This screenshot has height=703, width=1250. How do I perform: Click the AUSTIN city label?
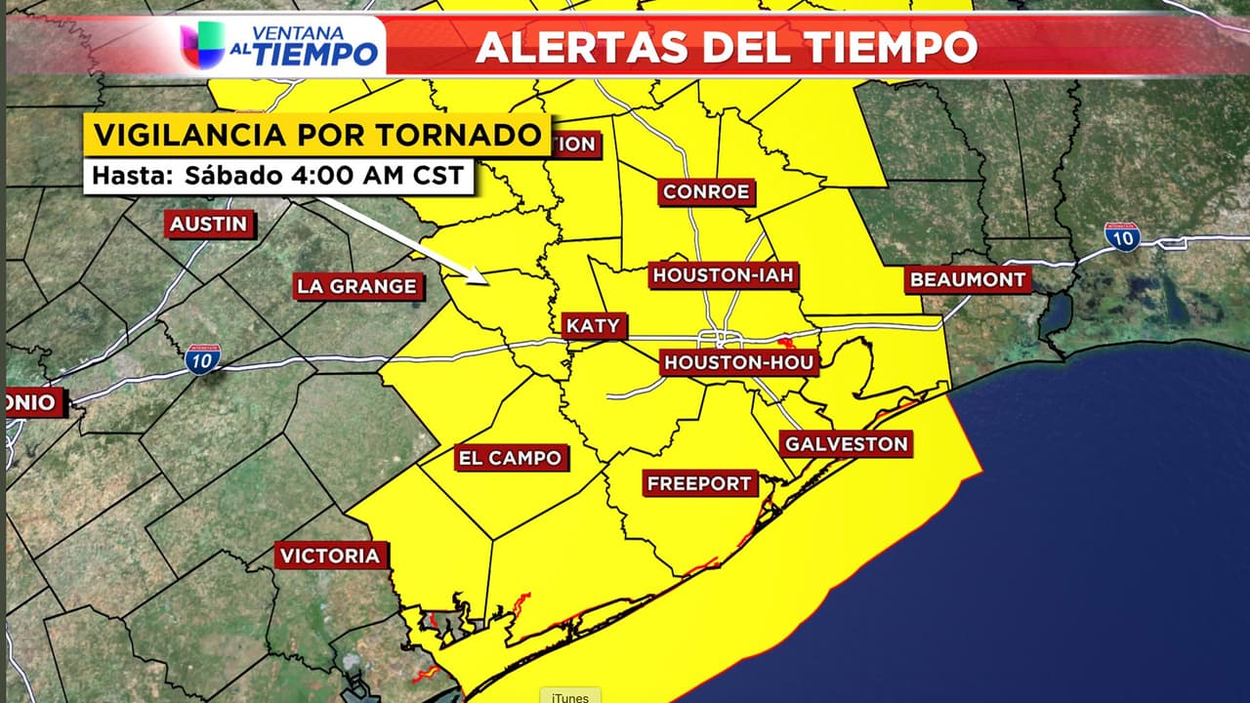(x=208, y=224)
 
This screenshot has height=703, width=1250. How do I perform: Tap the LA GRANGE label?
(x=357, y=286)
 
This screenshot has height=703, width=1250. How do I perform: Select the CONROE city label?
(x=706, y=192)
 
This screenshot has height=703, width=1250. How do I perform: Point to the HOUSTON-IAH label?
(x=724, y=275)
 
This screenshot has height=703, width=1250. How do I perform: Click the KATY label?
(x=593, y=326)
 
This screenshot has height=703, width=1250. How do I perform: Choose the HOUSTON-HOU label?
(x=738, y=363)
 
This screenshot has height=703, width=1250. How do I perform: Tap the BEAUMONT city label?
(x=968, y=280)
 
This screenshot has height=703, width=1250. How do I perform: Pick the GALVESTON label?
(x=847, y=444)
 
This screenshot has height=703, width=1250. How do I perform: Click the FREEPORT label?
(x=699, y=483)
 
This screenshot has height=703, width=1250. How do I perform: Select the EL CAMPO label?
(x=510, y=458)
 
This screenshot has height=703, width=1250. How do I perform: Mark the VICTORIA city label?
(x=330, y=557)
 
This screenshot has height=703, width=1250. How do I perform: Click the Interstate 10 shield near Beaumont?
(x=1122, y=236)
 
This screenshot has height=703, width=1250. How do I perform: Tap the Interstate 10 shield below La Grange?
(x=203, y=358)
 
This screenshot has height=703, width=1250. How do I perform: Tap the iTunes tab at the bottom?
(x=569, y=695)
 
